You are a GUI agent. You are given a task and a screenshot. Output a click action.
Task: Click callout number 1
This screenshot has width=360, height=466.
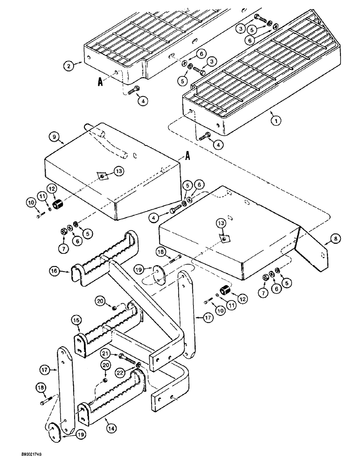[x=277, y=120]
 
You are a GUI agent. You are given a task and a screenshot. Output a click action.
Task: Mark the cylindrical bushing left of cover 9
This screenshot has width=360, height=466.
[x=60, y=205]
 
